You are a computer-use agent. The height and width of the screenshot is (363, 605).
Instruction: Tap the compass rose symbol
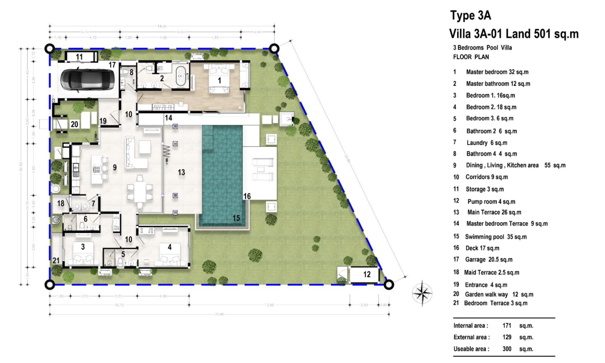click(x=422, y=293)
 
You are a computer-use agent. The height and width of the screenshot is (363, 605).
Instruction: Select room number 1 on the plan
click(x=219, y=81)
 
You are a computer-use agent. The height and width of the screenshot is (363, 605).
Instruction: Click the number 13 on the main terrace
click(x=181, y=173)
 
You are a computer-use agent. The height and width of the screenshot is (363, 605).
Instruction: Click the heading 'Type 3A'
click(x=470, y=16)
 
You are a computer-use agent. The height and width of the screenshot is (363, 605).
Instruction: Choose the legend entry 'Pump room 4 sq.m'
click(x=490, y=201)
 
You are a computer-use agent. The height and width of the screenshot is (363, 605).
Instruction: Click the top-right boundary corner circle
click(x=274, y=48)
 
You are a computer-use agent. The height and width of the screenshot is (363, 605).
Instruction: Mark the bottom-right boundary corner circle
click(x=389, y=285)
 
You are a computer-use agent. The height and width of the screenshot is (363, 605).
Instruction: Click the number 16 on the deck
click(x=247, y=196)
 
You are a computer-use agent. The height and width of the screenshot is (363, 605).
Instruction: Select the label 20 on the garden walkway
click(x=74, y=125)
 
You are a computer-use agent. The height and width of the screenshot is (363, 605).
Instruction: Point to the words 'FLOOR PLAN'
click(x=471, y=57)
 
